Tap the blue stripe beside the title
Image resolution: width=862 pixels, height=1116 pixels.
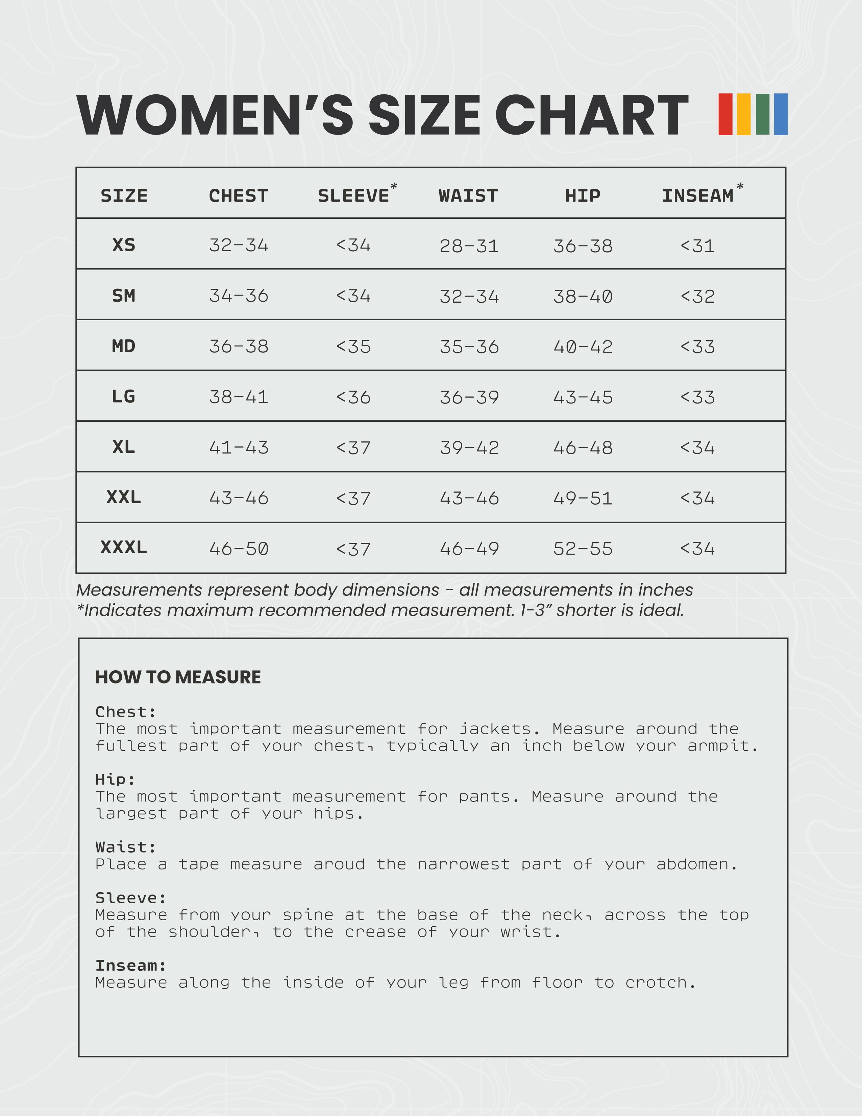[x=780, y=114]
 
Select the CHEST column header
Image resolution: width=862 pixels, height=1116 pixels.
[x=239, y=196]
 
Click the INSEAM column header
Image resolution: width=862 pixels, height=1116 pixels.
[x=697, y=196]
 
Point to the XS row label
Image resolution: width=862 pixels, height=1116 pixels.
[x=124, y=245]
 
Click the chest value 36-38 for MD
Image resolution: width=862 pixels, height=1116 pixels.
[x=239, y=346]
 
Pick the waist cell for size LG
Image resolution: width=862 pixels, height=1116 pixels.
[x=469, y=397]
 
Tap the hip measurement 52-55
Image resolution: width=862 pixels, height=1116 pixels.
[x=583, y=549]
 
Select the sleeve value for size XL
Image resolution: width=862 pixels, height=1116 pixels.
[x=353, y=448]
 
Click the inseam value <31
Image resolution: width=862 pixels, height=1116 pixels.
[x=697, y=246]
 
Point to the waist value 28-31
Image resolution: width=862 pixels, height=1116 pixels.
[x=469, y=246]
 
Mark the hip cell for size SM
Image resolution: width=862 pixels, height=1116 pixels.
[x=583, y=296]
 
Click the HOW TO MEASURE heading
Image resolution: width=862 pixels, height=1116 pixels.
[x=178, y=677]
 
